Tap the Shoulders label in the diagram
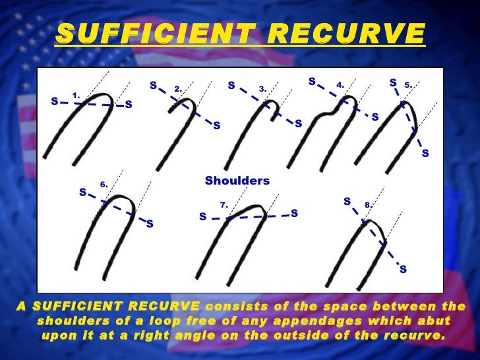click(237, 180)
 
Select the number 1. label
click(76, 96)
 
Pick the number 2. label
click(178, 88)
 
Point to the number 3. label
click(262, 88)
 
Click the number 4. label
click(340, 85)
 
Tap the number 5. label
click(408, 84)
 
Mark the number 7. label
click(224, 205)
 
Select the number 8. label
click(368, 205)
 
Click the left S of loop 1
click(54, 101)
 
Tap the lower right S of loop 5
click(425, 154)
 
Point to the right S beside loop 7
click(294, 213)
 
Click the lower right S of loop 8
click(403, 269)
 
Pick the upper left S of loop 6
click(82, 193)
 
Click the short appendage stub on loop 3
click(273, 117)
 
